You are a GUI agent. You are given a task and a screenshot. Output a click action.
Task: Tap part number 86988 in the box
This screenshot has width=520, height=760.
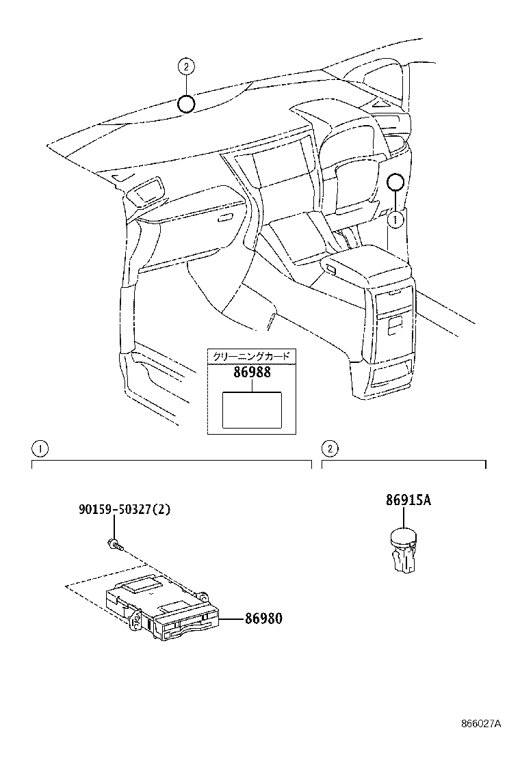pos(252,372)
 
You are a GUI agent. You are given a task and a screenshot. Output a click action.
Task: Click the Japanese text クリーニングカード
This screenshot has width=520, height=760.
pos(252,356)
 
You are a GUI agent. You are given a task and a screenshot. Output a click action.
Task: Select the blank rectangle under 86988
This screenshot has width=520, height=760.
pos(252,409)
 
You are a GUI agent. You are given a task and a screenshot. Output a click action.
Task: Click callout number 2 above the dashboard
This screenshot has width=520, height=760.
pos(186,67)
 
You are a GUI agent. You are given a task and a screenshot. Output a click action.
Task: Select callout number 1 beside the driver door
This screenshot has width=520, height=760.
pos(394,219)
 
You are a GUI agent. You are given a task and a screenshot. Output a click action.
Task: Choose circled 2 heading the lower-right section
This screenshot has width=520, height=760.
pos(329,448)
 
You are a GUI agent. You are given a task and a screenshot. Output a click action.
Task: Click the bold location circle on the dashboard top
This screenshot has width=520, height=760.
pos(186,103)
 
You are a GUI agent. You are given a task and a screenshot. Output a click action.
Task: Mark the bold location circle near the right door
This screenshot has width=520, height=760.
pos(395,182)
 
